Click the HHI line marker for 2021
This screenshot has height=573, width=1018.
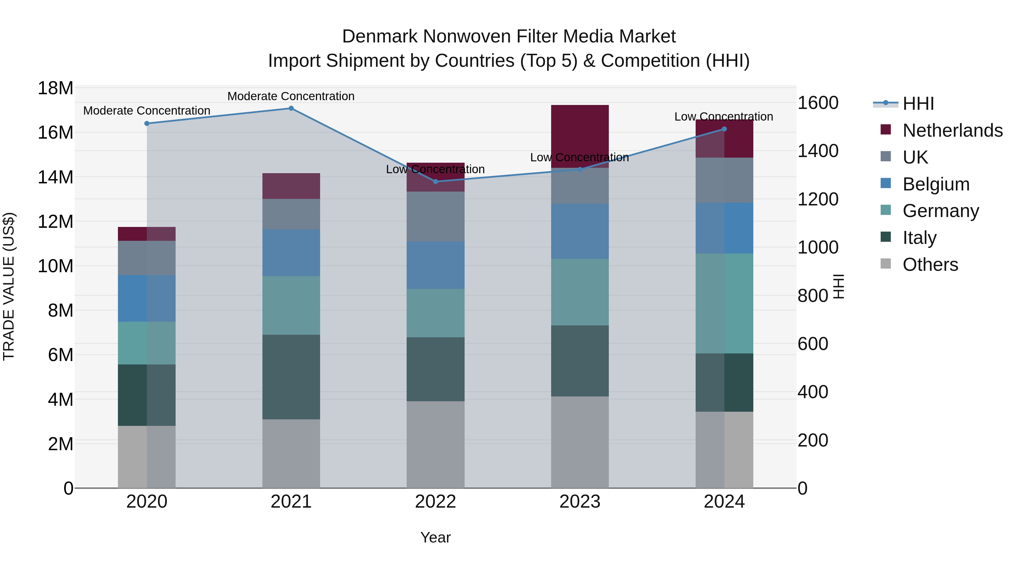point(291,108)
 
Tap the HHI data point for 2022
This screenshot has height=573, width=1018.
point(435,181)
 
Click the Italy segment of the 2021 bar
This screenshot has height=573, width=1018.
point(291,377)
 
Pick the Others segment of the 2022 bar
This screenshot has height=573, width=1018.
point(435,445)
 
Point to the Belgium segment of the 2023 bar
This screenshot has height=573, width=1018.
point(580,231)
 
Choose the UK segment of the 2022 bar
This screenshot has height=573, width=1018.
point(435,217)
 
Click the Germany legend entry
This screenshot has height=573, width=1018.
point(941,211)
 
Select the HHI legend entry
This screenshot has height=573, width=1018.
point(918,104)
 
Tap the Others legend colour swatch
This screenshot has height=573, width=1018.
point(886,264)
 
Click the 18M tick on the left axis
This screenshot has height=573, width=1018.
point(55,88)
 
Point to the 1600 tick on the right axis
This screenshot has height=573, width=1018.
point(818,103)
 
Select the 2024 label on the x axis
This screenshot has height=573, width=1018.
point(724,502)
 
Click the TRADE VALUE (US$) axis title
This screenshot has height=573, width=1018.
point(9,286)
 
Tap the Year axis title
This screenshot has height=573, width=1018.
point(435,537)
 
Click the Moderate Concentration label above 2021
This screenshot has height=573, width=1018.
point(291,96)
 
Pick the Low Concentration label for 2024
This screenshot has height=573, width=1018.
point(724,117)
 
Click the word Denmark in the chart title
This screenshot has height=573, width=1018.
point(379,37)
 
